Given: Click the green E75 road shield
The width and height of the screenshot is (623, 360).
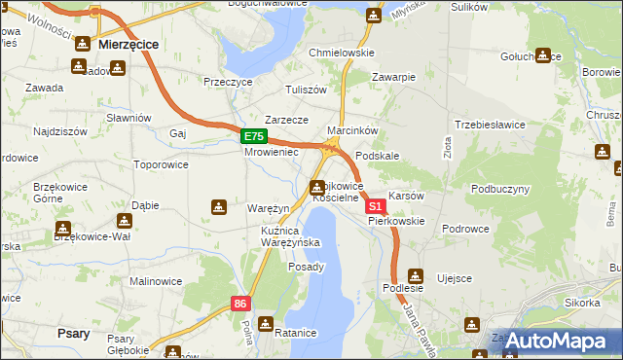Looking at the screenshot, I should point(253,137).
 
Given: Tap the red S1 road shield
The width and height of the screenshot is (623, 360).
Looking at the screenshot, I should point(375,206).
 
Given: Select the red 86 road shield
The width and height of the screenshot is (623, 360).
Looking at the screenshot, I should point(241,305).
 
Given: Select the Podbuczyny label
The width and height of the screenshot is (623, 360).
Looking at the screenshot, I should point(500,189).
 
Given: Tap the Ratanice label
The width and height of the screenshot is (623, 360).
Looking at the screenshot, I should point(296,333).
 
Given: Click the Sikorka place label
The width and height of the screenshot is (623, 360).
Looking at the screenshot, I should point(581,303).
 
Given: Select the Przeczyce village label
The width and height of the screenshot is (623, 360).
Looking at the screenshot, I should point(228,83).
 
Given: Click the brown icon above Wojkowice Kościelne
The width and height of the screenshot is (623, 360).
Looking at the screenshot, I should point(317,188).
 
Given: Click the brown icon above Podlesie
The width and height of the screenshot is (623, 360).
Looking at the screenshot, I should point(416,275).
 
